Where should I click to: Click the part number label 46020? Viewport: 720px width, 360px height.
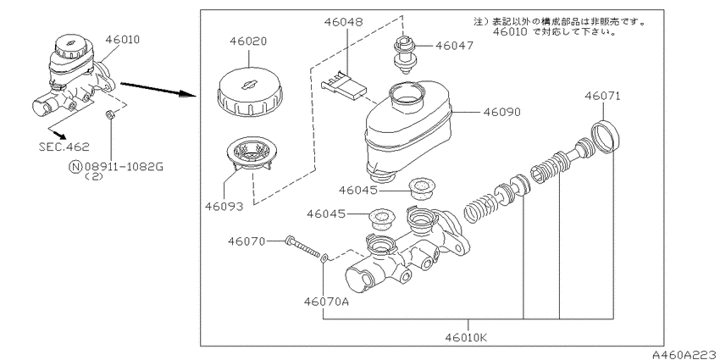coord(248,42)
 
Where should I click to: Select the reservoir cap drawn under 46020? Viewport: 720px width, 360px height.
coord(249,94)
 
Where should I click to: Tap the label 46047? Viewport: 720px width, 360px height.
coord(454,46)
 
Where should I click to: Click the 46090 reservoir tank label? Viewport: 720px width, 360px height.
coord(502,112)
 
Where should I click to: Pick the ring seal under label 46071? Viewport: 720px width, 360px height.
coord(605,136)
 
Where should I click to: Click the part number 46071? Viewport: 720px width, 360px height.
coord(602,96)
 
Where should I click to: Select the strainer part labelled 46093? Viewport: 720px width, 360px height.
coord(252,156)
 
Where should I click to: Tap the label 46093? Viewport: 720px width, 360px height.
coord(224,207)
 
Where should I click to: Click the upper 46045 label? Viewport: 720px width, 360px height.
coord(357,190)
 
